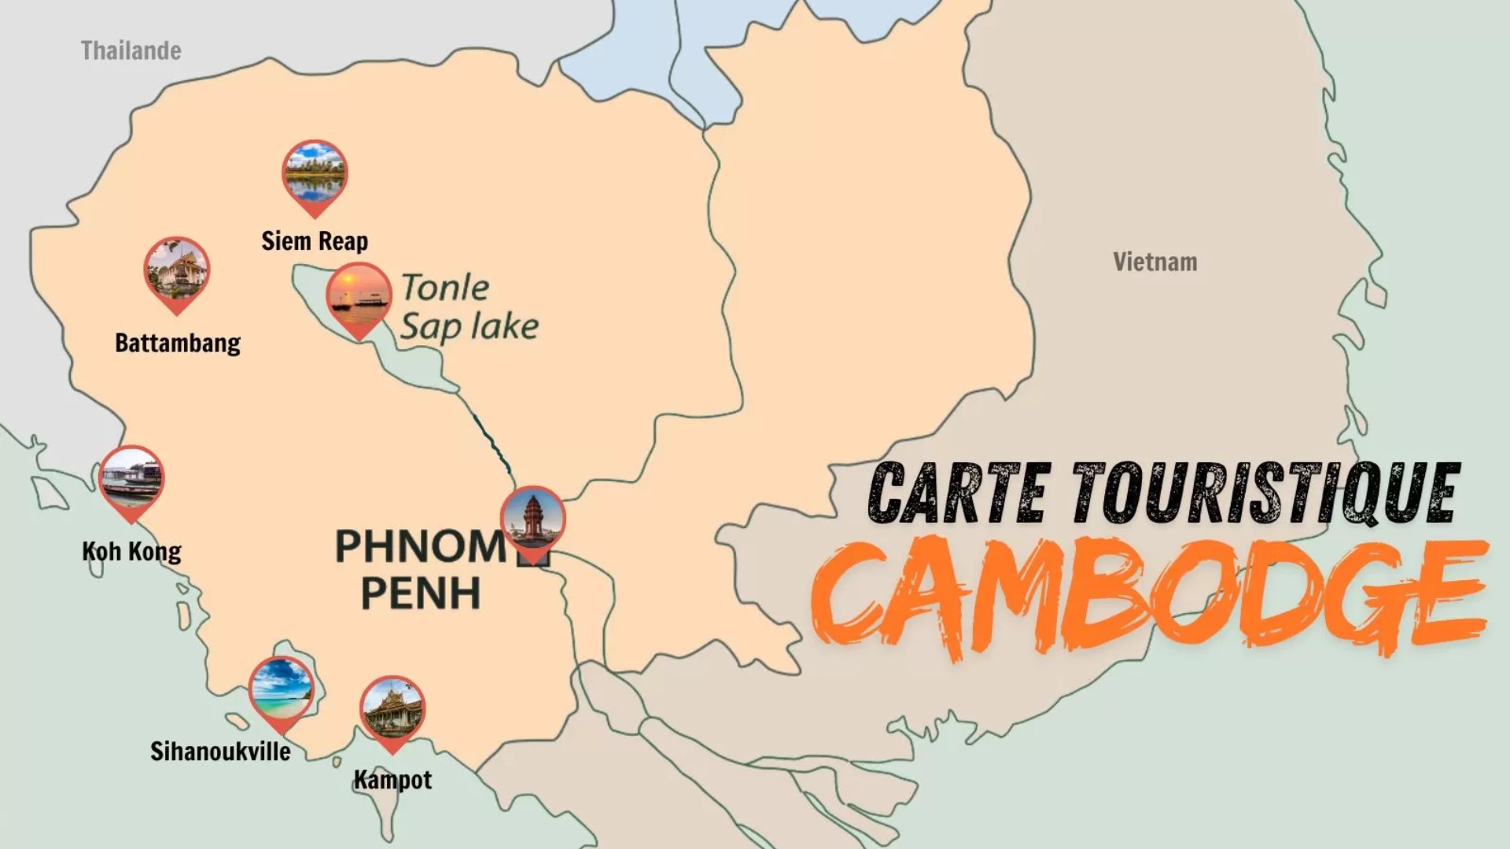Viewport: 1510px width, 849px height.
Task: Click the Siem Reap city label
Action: pyautogui.click(x=315, y=241)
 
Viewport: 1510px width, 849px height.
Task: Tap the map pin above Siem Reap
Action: pyautogui.click(x=315, y=175)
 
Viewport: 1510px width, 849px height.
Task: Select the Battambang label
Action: pyautogui.click(x=178, y=343)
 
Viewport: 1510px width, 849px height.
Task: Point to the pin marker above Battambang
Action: pyautogui.click(x=177, y=271)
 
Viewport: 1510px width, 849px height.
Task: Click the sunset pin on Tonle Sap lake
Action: pyautogui.click(x=359, y=297)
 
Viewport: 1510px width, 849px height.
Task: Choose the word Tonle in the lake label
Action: pyautogui.click(x=445, y=288)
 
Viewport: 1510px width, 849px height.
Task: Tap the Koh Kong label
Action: pyautogui.click(x=131, y=551)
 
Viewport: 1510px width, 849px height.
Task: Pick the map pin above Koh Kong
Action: pyautogui.click(x=131, y=480)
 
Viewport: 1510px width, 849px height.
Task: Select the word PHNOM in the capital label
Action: pyautogui.click(x=421, y=546)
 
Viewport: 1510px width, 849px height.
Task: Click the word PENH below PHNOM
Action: pyautogui.click(x=421, y=594)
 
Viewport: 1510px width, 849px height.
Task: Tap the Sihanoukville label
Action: pyautogui.click(x=220, y=752)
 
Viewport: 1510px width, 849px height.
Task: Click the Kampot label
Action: pyautogui.click(x=392, y=780)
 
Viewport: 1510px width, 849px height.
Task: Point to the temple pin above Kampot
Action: pyautogui.click(x=392, y=711)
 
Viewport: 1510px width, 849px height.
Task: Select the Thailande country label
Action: pyautogui.click(x=131, y=51)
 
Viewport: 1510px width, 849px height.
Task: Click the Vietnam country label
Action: pyautogui.click(x=1155, y=262)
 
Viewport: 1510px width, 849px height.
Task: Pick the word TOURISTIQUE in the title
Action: pyautogui.click(x=1266, y=493)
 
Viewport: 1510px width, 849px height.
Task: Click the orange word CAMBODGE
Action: pyautogui.click(x=1148, y=597)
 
